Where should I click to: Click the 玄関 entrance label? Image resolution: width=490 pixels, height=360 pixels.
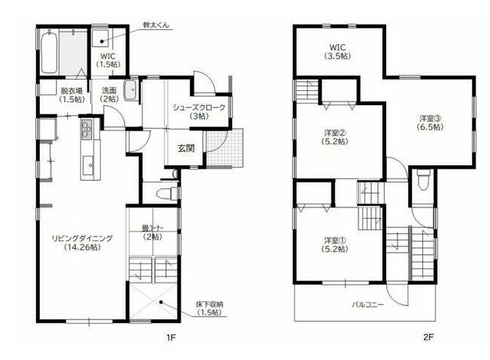tap(186, 148)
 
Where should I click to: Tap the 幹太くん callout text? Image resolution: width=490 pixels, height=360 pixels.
tap(156, 26)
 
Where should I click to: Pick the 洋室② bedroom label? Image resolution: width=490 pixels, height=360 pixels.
tap(332, 133)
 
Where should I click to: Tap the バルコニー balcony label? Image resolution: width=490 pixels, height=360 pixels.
tap(368, 305)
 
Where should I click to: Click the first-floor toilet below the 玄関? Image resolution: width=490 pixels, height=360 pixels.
tap(162, 192)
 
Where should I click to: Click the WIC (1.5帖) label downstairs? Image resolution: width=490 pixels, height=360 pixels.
tap(106, 59)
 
